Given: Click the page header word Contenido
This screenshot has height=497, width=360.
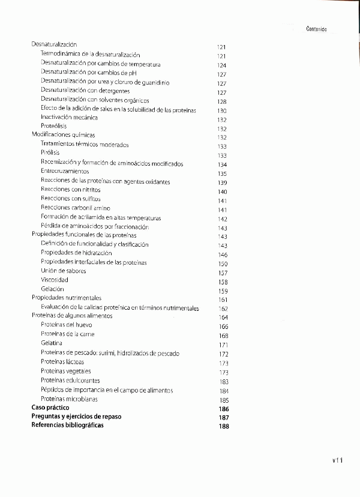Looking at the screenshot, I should (320, 28).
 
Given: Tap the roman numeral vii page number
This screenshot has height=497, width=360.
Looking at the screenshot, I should (337, 460).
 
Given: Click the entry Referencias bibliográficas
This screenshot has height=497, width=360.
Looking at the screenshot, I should (67, 425).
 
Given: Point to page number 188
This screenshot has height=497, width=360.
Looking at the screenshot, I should (224, 427).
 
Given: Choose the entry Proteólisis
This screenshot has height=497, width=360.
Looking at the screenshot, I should (53, 126).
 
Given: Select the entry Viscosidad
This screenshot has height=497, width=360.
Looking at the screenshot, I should (55, 280).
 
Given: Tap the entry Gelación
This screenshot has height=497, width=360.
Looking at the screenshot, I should (52, 289).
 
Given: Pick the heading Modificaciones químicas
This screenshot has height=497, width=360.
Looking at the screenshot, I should (63, 135).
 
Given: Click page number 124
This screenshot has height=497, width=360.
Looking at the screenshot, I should (221, 65).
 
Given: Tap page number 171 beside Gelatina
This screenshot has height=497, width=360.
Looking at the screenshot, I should (224, 345).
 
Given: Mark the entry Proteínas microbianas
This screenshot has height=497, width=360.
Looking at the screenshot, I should (69, 399).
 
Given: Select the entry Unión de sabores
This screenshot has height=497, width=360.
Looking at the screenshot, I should (63, 271).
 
